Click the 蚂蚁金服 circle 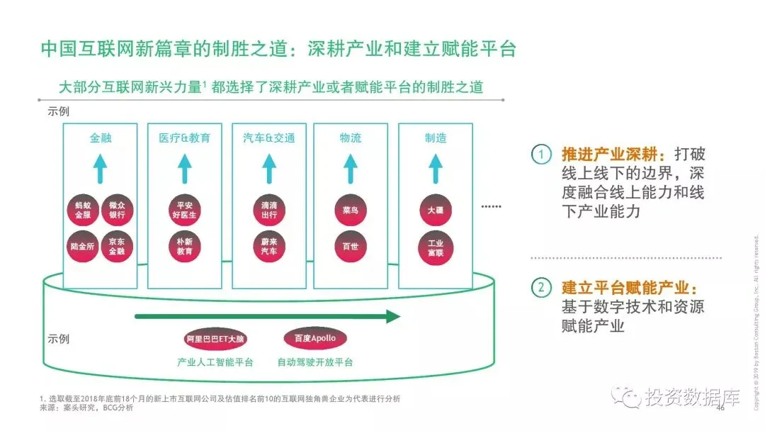[83, 210]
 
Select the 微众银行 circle [117, 210]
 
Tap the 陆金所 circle [83, 246]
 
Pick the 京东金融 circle [117, 246]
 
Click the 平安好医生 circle [184, 210]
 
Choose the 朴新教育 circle [184, 246]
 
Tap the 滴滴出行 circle [268, 210]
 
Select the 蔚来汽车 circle [268, 246]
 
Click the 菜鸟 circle [351, 210]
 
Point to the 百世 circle [351, 246]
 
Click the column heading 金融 [101, 138]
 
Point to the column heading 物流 [351, 138]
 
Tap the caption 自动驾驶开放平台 [314, 362]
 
